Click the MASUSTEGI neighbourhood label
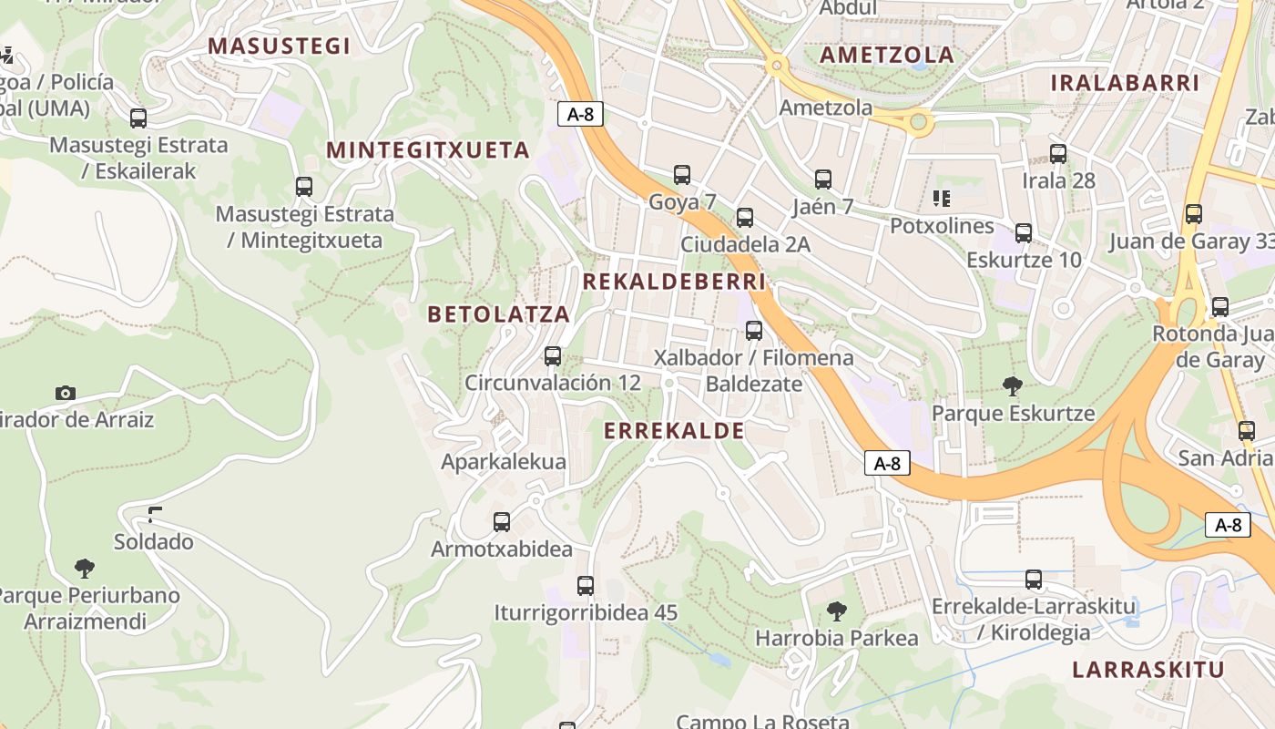[x=279, y=46]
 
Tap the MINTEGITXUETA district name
[x=428, y=150]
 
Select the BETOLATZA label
[x=498, y=314]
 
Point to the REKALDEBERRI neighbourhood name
[x=674, y=282]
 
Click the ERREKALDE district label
[x=674, y=431]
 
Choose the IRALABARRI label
[x=1125, y=83]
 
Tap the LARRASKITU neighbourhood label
[x=1147, y=670]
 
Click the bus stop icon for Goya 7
[x=682, y=175]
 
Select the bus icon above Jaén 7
[x=823, y=180]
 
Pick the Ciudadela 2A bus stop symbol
[x=745, y=218]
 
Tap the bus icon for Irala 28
[x=1058, y=154]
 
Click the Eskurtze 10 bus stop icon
[x=1024, y=233]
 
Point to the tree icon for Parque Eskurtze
[x=1012, y=386]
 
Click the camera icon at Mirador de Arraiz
[x=66, y=393]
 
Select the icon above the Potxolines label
[x=942, y=199]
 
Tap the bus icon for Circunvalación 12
[x=553, y=356]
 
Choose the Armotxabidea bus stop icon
[x=502, y=522]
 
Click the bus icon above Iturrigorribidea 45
[x=586, y=586]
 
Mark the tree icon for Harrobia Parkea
[x=836, y=611]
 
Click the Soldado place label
[x=153, y=542]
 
